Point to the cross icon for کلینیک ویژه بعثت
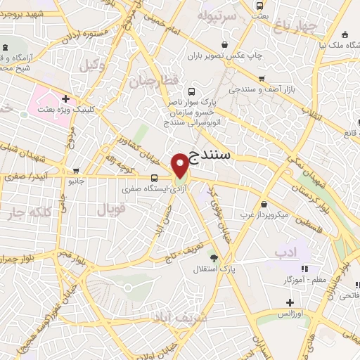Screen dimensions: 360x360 point(65,98)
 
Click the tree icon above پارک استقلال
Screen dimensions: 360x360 point(214,258)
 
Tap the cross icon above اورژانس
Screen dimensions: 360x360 point(289,302)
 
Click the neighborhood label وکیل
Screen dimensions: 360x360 point(89,66)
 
